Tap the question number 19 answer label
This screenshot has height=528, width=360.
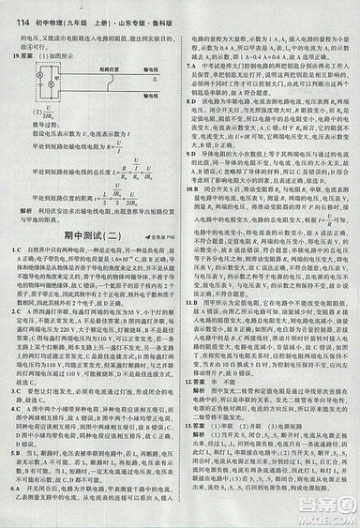[17, 56]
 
